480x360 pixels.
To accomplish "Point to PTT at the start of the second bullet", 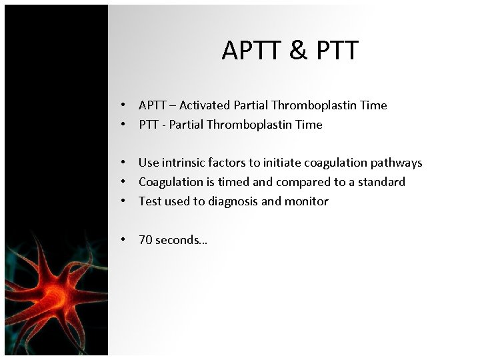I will tap(149, 125).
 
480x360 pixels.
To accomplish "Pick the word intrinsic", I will tap(183, 163).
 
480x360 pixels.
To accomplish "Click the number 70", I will tap(145, 240).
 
